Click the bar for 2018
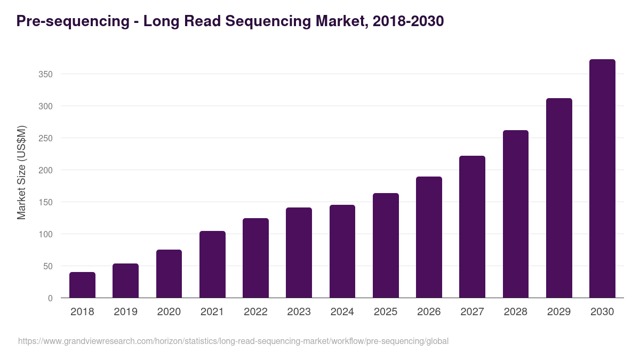coord(82,285)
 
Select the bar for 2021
coord(212,265)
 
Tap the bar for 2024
coord(342,251)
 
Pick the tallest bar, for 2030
coord(602,179)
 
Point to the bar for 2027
coord(472,227)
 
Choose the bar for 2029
coord(559,198)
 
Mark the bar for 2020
coord(169,274)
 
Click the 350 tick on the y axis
coord(45,74)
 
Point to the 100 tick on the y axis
coord(45,234)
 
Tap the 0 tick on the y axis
coord(50,298)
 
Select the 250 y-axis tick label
coord(45,138)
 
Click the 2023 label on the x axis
coord(299,312)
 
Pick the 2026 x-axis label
coord(429,312)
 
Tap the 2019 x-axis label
coord(125,312)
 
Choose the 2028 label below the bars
coord(516,312)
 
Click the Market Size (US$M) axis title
coord(21,172)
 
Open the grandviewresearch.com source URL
coord(233,341)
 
